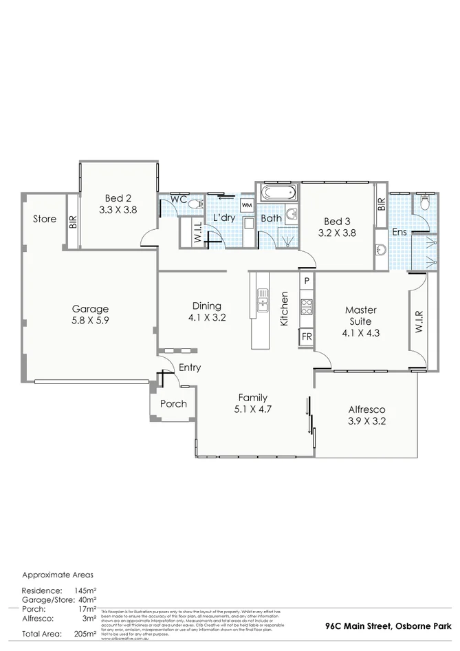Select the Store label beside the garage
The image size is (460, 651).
click(45, 219)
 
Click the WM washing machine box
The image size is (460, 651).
click(247, 206)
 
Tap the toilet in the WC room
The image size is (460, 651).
click(195, 203)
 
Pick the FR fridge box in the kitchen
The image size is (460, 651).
click(307, 337)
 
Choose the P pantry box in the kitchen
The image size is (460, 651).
click(307, 281)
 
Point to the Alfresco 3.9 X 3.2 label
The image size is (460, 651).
click(365, 415)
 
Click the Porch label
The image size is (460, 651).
click(173, 404)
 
